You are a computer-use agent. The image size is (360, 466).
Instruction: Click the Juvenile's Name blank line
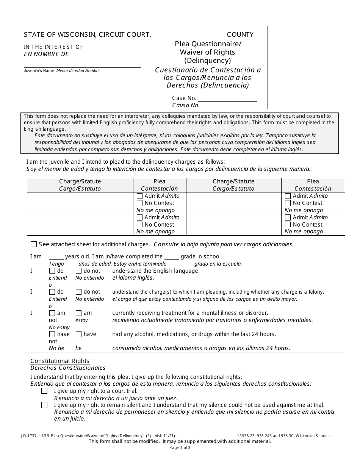pyautogui.click(x=82, y=64)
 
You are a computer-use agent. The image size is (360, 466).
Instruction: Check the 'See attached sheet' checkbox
pyautogui.click(x=34, y=244)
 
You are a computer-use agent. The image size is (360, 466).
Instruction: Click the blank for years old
pyautogui.click(x=56, y=257)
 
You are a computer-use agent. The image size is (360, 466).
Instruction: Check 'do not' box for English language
pyautogui.click(x=79, y=271)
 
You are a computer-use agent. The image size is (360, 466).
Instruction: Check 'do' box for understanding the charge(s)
pyautogui.click(x=52, y=292)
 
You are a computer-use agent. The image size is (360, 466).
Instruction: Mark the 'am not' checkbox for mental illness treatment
pyautogui.click(x=52, y=313)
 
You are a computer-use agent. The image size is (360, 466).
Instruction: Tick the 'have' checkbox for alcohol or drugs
pyautogui.click(x=79, y=335)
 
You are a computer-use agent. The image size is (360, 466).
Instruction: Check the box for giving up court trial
pyautogui.click(x=44, y=391)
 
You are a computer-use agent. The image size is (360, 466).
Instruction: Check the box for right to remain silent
pyautogui.click(x=44, y=405)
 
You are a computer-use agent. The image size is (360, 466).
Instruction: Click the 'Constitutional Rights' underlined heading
pyautogui.click(x=60, y=361)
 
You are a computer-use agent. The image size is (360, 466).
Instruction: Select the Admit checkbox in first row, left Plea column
pyautogui.click(x=139, y=196)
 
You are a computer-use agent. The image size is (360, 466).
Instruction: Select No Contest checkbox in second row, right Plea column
pyautogui.click(x=288, y=225)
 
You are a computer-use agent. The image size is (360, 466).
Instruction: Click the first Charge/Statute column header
pyautogui.click(x=80, y=181)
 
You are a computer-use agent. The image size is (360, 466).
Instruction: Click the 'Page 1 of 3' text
pyautogui.click(x=180, y=447)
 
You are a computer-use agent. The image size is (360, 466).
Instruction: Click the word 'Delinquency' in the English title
pyautogui.click(x=207, y=61)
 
